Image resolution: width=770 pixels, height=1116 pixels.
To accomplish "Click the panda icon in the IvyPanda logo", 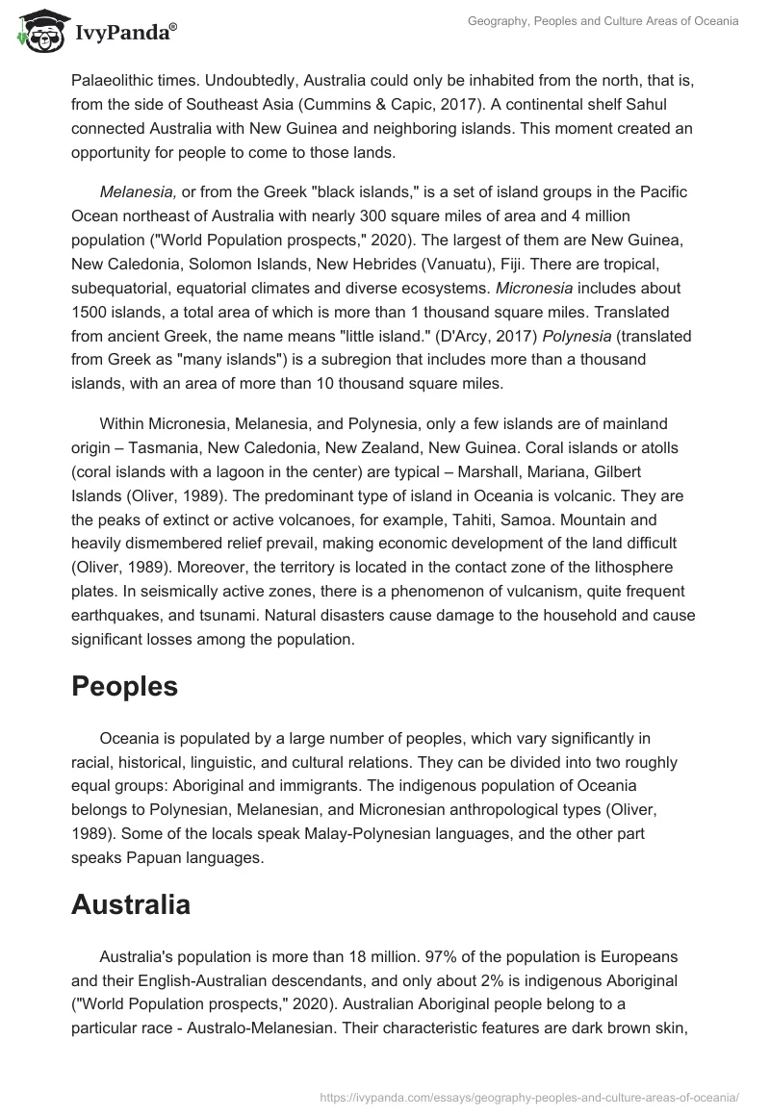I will (38, 30).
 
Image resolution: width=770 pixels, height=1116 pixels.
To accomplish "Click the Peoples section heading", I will (124, 685).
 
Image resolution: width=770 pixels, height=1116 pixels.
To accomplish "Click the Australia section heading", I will (131, 904).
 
